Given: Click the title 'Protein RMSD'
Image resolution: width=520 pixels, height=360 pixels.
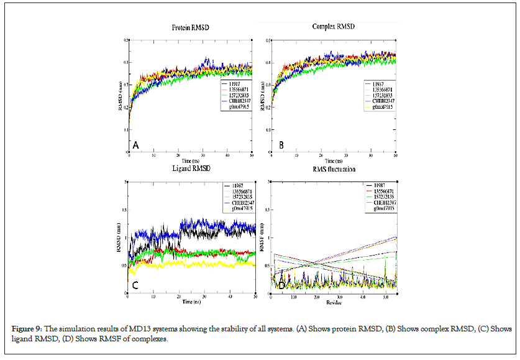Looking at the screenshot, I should click(x=189, y=29).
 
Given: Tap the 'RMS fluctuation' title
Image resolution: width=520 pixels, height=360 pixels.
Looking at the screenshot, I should click(x=331, y=168).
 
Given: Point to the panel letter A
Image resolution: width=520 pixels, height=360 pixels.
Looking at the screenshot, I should click(x=135, y=145).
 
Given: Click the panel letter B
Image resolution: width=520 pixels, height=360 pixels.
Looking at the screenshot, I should click(x=281, y=145).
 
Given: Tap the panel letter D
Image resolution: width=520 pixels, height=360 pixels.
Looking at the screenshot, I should click(x=281, y=285).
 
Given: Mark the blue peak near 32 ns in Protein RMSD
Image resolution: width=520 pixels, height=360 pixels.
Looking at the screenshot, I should click(x=208, y=60).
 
